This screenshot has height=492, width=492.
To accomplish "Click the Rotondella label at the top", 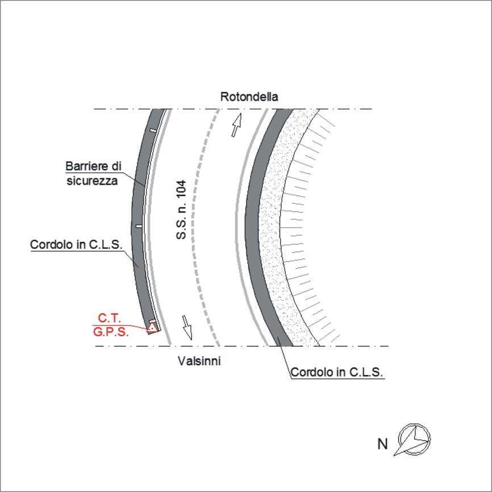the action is (x=249, y=97).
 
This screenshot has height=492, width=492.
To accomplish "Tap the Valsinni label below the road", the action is (x=199, y=361).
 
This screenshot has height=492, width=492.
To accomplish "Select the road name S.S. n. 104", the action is (x=181, y=210).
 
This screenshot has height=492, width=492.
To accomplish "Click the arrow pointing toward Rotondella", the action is (x=236, y=125).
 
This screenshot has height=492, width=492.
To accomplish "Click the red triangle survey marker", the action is (x=152, y=327).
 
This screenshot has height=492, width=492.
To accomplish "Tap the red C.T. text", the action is (x=109, y=318).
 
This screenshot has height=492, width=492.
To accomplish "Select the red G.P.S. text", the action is (x=111, y=332).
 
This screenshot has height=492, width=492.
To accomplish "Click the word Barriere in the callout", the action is (x=85, y=166).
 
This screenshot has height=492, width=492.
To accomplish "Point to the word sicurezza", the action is (x=92, y=181).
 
